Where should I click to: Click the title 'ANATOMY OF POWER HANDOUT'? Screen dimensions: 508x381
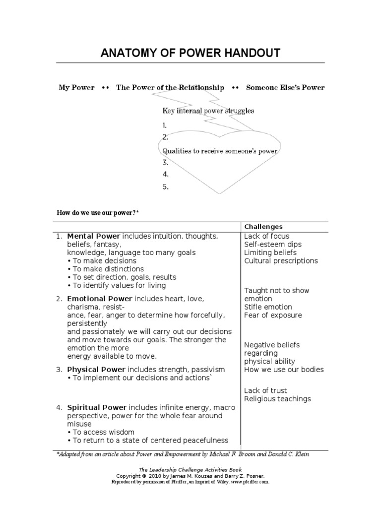[190, 53]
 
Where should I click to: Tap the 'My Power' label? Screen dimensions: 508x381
[76, 87]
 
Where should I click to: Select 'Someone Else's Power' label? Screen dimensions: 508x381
[285, 87]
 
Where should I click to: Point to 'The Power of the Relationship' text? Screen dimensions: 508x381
[170, 87]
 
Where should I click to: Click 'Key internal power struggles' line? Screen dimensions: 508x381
[208, 111]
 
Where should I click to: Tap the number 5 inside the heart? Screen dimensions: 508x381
[165, 187]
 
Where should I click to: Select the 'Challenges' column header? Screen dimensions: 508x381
[263, 227]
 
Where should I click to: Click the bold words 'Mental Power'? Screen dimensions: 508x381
[93, 236]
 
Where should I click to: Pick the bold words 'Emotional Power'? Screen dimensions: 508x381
[99, 299]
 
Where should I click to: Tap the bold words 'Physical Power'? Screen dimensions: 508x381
[96, 370]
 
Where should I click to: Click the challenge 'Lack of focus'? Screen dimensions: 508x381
[266, 236]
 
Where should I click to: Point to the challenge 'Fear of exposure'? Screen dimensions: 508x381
[272, 315]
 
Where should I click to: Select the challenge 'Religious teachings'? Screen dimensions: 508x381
[277, 399]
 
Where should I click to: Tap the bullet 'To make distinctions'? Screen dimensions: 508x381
[108, 269]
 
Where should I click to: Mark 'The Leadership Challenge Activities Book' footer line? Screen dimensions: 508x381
[190, 469]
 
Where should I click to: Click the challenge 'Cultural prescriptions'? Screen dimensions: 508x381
[281, 261]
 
